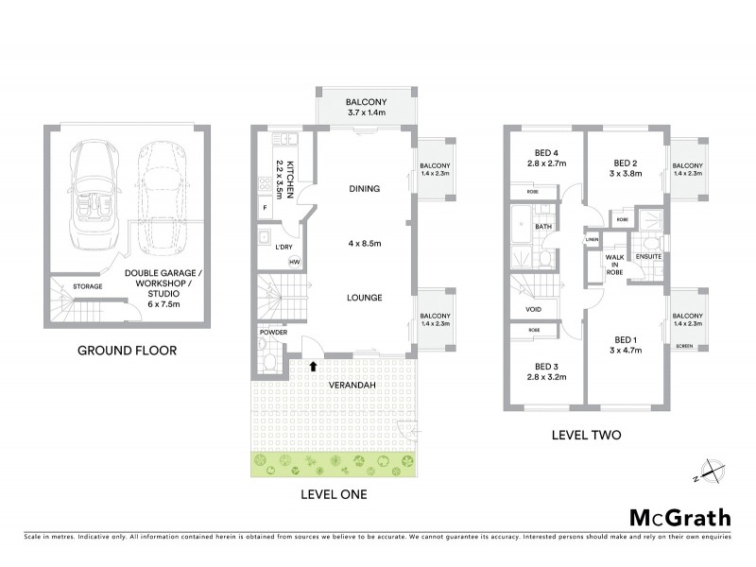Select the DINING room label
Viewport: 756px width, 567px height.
click(364, 189)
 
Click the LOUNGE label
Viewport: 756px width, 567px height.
click(364, 298)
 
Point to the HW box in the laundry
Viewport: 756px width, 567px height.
click(294, 262)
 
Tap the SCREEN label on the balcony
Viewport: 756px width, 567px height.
click(685, 346)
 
